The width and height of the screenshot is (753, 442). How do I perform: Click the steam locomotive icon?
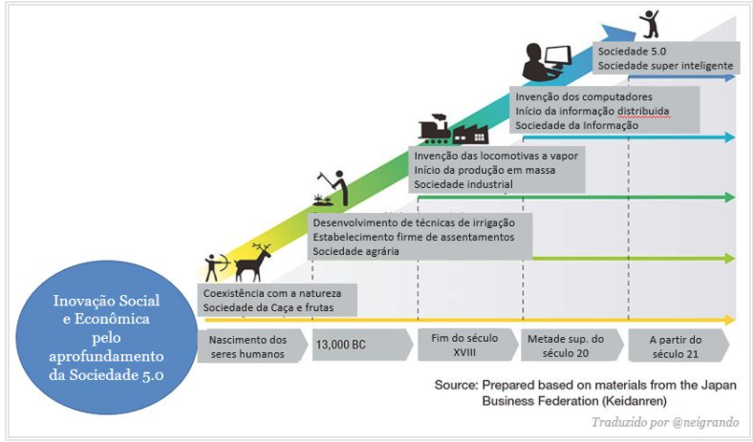pyautogui.click(x=435, y=130)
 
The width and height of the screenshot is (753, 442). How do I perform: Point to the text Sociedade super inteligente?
pyautogui.click(x=665, y=66)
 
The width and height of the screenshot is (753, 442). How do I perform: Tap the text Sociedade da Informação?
pyautogui.click(x=575, y=125)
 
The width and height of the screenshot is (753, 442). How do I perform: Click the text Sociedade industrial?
pyautogui.click(x=463, y=183)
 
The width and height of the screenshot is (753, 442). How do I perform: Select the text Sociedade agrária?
pyautogui.click(x=355, y=250)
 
